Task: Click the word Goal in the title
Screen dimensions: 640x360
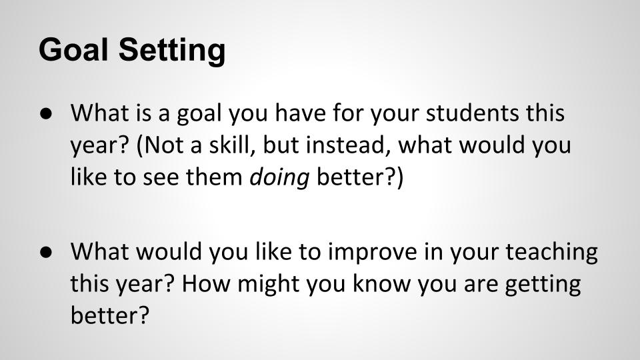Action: tap(73, 49)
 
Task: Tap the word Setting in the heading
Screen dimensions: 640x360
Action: tap(172, 51)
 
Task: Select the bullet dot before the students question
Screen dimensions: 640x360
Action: tap(47, 114)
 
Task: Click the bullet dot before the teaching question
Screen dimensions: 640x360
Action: tap(47, 252)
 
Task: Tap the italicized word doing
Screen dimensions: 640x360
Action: tap(279, 178)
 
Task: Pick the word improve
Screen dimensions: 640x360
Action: tap(372, 253)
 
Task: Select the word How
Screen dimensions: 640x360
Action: tap(206, 284)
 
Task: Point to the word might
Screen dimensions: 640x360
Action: tap(269, 285)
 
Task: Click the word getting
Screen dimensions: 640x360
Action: tap(543, 285)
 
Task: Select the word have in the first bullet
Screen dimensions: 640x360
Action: tap(300, 113)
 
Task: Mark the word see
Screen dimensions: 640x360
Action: tap(161, 179)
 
